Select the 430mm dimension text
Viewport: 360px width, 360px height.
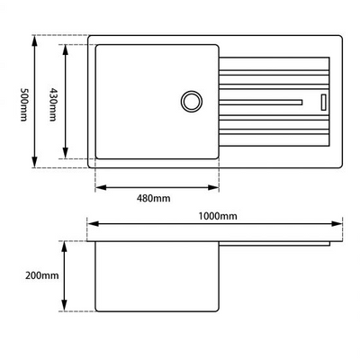[53, 101]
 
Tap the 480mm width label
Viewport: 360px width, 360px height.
[155, 197]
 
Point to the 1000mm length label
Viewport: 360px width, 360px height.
[217, 216]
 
